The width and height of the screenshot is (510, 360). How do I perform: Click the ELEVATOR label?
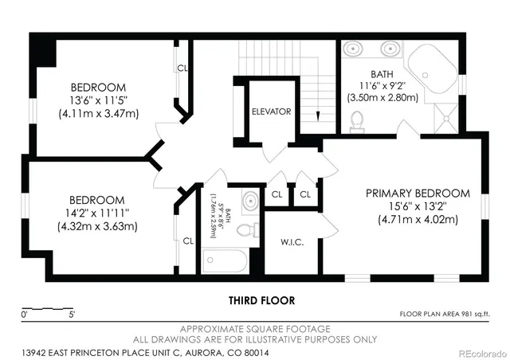(271, 112)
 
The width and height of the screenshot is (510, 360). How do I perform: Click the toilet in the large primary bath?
(357, 121)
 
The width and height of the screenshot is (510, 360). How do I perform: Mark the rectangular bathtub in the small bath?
(226, 260)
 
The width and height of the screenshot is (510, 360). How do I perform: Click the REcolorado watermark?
(481, 351)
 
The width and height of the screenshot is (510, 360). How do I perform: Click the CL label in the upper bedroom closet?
(182, 68)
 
